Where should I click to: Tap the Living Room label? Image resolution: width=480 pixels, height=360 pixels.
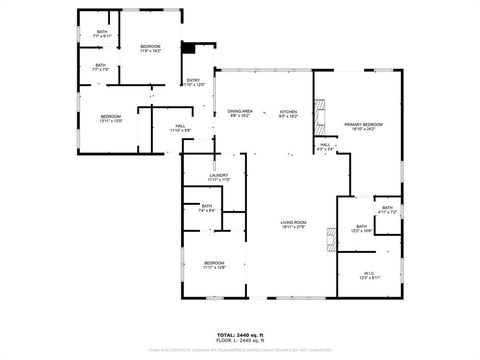click(x=293, y=224)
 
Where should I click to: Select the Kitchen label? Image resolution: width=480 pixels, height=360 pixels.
click(x=288, y=113)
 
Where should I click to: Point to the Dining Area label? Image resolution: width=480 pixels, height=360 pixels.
click(x=240, y=113)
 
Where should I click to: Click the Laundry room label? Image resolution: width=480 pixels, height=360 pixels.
click(x=220, y=177)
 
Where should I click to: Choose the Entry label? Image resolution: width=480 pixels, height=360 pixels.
click(x=193, y=83)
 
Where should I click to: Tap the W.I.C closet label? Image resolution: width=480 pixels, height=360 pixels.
click(x=369, y=274)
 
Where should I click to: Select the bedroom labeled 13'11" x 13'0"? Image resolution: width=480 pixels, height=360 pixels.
click(x=110, y=119)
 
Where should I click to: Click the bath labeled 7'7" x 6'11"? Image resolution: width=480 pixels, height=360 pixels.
click(x=101, y=34)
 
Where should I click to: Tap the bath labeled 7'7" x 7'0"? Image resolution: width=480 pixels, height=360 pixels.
click(x=100, y=68)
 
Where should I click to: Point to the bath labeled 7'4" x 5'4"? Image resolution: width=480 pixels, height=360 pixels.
click(x=207, y=210)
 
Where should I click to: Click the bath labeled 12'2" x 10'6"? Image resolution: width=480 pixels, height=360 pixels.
click(x=362, y=229)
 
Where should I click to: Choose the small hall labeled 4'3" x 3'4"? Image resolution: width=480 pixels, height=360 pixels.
click(x=325, y=147)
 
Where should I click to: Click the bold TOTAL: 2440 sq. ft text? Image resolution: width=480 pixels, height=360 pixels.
click(x=240, y=335)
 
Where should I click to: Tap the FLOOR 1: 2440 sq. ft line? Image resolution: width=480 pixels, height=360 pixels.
click(x=240, y=341)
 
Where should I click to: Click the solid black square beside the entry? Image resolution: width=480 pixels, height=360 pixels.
click(x=187, y=46)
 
